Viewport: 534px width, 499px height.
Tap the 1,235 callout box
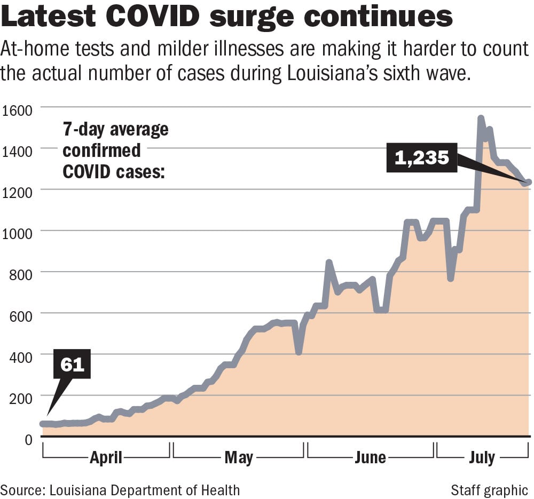click(x=421, y=157)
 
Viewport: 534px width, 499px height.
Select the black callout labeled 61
click(x=72, y=365)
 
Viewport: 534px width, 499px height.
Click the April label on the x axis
click(x=106, y=457)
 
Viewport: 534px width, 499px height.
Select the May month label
click(x=238, y=457)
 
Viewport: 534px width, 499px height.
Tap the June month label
click(x=370, y=457)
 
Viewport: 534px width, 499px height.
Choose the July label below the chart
click(x=482, y=457)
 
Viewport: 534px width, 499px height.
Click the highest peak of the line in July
click(x=481, y=118)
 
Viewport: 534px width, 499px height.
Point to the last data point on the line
click(x=528, y=183)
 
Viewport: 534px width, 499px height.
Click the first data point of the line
click(x=43, y=424)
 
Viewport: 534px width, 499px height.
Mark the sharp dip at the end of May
click(x=299, y=352)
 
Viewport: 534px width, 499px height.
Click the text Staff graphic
click(x=489, y=489)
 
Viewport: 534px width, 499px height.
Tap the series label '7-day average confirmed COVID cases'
click(x=115, y=151)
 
